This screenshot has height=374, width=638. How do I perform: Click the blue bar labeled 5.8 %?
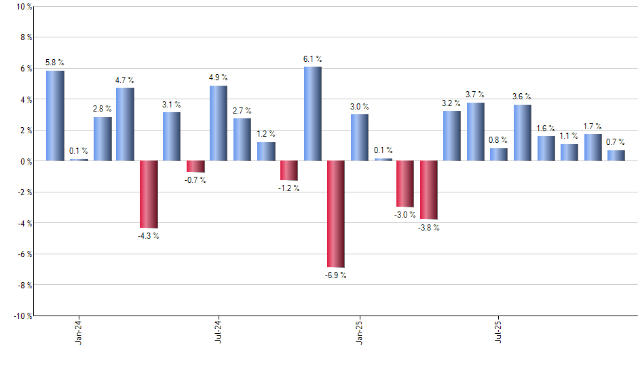(55, 116)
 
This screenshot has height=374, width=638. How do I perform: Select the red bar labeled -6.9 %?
(336, 214)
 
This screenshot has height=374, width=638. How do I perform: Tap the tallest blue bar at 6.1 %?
(312, 114)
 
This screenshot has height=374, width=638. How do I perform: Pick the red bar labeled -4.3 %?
(149, 194)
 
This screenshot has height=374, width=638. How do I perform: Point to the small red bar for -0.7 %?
(195, 167)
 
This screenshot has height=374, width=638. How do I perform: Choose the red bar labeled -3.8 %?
(429, 190)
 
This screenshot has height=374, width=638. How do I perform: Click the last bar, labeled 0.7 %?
(616, 156)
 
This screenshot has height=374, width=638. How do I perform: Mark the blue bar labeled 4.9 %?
(219, 123)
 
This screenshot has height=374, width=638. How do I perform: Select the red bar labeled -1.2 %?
(289, 171)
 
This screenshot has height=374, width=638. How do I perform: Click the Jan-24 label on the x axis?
(79, 330)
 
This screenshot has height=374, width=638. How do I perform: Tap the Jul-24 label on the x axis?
(219, 330)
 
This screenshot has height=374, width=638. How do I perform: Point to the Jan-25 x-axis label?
(359, 330)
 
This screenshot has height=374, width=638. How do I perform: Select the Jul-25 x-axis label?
(499, 330)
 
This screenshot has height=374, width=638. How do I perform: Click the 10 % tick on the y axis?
(23, 7)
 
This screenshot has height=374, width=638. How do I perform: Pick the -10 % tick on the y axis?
(22, 316)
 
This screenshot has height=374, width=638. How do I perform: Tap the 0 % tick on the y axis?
(25, 161)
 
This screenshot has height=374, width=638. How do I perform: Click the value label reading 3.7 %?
(475, 94)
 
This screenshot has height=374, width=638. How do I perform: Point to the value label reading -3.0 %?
(405, 216)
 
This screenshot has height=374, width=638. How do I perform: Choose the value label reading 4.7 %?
(125, 80)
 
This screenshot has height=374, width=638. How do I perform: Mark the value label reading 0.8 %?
(498, 140)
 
